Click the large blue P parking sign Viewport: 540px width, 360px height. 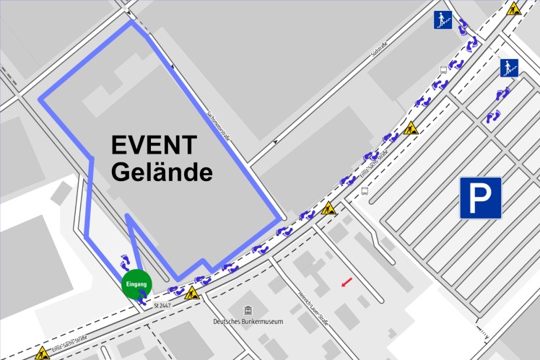(x=481, y=198)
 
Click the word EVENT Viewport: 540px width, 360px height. (x=153, y=146)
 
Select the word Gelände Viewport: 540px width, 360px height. (x=162, y=172)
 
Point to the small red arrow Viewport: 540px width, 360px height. (x=347, y=281)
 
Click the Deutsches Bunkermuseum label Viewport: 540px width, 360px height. (x=248, y=321)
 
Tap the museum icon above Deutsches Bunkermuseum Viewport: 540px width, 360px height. (x=247, y=309)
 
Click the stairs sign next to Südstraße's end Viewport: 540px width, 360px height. (x=443, y=20)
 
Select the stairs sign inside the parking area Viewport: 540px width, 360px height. (x=509, y=68)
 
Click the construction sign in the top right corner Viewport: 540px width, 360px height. (x=514, y=9)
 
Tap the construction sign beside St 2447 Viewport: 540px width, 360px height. (x=192, y=294)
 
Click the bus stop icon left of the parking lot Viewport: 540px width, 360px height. (x=365, y=192)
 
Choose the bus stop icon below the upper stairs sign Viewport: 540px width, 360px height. (x=443, y=70)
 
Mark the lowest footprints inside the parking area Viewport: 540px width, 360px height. (x=493, y=116)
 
